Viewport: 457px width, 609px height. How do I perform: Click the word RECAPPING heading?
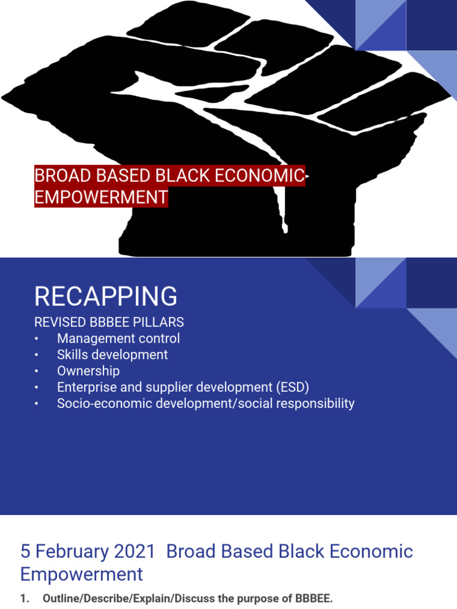point(106,296)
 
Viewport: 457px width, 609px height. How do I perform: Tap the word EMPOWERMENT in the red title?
point(101,197)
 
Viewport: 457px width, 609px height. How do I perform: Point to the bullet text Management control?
point(118,338)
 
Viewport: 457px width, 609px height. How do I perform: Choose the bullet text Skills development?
point(112,354)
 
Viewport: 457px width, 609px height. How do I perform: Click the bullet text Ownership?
point(88,371)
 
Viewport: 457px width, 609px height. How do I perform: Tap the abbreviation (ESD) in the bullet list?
point(293,387)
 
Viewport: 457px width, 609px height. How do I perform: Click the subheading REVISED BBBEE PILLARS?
point(109,322)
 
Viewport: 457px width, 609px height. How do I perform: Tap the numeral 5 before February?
point(26,551)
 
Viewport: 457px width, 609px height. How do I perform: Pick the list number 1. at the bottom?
point(24,599)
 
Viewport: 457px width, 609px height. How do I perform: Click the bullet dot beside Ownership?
point(36,371)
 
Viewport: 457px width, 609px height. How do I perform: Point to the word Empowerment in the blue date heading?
point(82,574)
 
